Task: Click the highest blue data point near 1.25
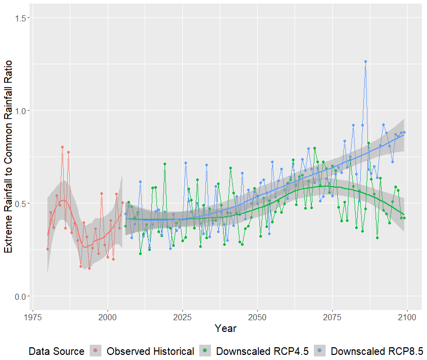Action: pos(365,62)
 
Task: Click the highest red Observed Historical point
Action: pos(62,147)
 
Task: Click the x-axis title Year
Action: pos(225,329)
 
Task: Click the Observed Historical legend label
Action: pos(150,351)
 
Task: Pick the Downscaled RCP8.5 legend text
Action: pos(377,351)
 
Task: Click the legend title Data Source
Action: pos(56,351)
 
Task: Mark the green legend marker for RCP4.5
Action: pos(204,351)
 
